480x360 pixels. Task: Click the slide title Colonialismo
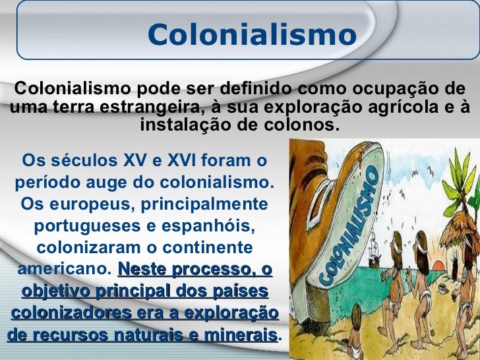coord(252,35)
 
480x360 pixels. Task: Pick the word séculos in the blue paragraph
coord(84,160)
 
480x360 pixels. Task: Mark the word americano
coord(62,269)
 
